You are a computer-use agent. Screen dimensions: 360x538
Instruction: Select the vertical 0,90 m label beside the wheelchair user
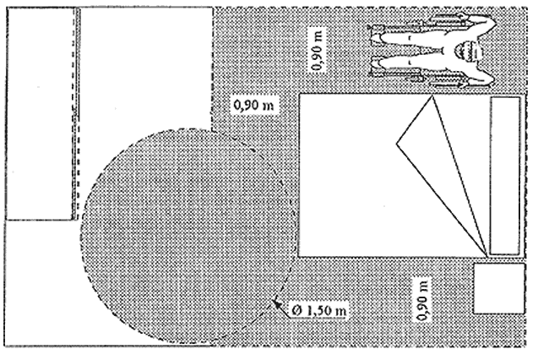click(x=317, y=52)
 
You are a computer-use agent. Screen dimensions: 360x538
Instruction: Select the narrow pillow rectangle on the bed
click(x=506, y=175)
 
